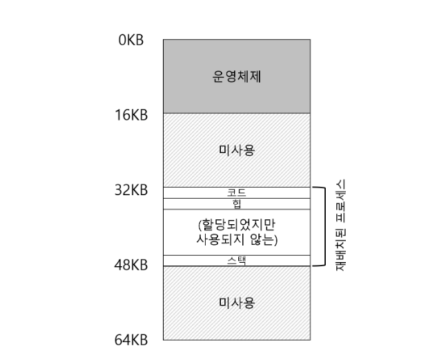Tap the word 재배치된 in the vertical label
point(340,249)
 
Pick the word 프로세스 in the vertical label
point(340,203)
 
